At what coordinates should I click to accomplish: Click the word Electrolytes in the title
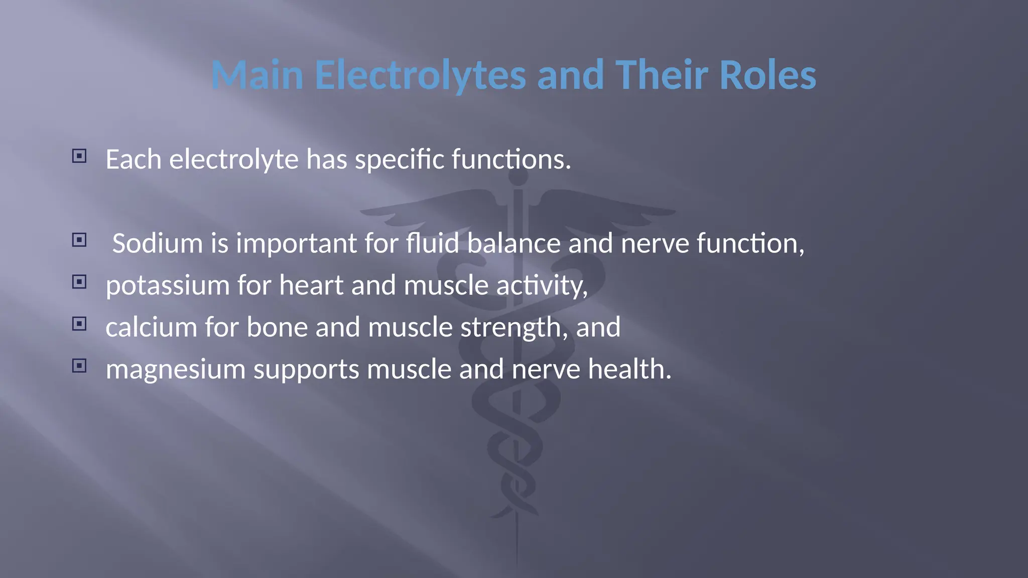click(x=420, y=75)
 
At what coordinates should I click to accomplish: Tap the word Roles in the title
click(x=767, y=75)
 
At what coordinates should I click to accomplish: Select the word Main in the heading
click(x=257, y=75)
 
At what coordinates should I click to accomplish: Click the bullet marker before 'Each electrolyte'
click(x=79, y=156)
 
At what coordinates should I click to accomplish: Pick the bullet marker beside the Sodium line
click(x=79, y=240)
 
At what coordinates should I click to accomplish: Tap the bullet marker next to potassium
click(x=79, y=282)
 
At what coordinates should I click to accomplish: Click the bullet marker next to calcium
click(x=79, y=324)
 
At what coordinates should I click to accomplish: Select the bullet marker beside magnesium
click(x=79, y=366)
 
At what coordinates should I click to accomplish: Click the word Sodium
click(x=157, y=243)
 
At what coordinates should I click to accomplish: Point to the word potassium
click(x=168, y=285)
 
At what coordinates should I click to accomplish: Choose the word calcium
click(x=151, y=327)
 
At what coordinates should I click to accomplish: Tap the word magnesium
click(x=176, y=369)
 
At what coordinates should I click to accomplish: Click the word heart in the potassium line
click(x=311, y=285)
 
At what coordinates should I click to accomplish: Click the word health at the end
click(x=629, y=369)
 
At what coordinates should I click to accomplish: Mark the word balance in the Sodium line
click(x=513, y=243)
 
